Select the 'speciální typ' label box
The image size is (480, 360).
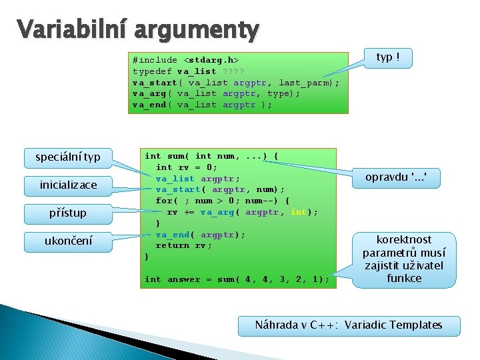point(68,157)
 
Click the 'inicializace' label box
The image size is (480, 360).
point(68,185)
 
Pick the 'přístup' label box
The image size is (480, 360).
point(68,213)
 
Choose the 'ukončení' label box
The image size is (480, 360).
point(68,241)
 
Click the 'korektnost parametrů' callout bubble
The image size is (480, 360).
point(404,259)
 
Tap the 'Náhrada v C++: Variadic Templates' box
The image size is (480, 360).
point(349,325)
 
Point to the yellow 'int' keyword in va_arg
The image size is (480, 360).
point(298,212)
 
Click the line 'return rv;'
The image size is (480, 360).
point(183,245)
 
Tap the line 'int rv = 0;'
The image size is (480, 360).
point(186,167)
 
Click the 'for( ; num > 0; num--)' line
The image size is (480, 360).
point(222,201)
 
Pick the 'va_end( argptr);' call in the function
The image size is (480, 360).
point(200,235)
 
